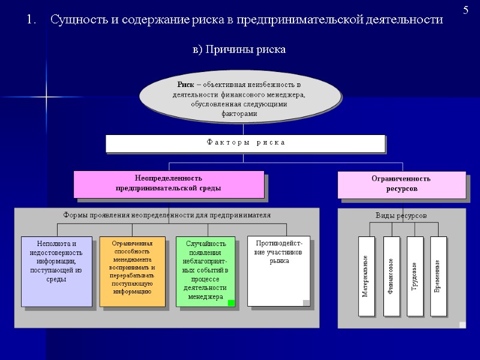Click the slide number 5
click(x=466, y=10)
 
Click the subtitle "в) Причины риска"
click(x=239, y=49)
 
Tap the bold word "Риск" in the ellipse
click(x=186, y=84)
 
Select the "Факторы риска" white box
click(x=245, y=143)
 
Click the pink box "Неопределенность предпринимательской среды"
click(x=169, y=184)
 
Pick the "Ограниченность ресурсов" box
click(x=401, y=184)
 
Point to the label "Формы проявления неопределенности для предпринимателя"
click(x=167, y=215)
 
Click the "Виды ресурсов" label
click(x=401, y=215)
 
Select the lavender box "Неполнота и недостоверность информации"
click(x=56, y=271)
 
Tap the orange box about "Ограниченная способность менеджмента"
click(x=131, y=271)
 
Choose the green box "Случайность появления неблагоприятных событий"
click(x=206, y=271)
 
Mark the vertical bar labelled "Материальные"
click(x=366, y=276)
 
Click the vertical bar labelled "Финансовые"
click(x=391, y=276)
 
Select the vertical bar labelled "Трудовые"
click(x=415, y=276)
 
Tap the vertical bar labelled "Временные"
click(x=439, y=276)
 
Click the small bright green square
click(x=231, y=303)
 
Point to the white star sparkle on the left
click(x=46, y=97)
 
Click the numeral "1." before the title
click(x=32, y=20)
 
